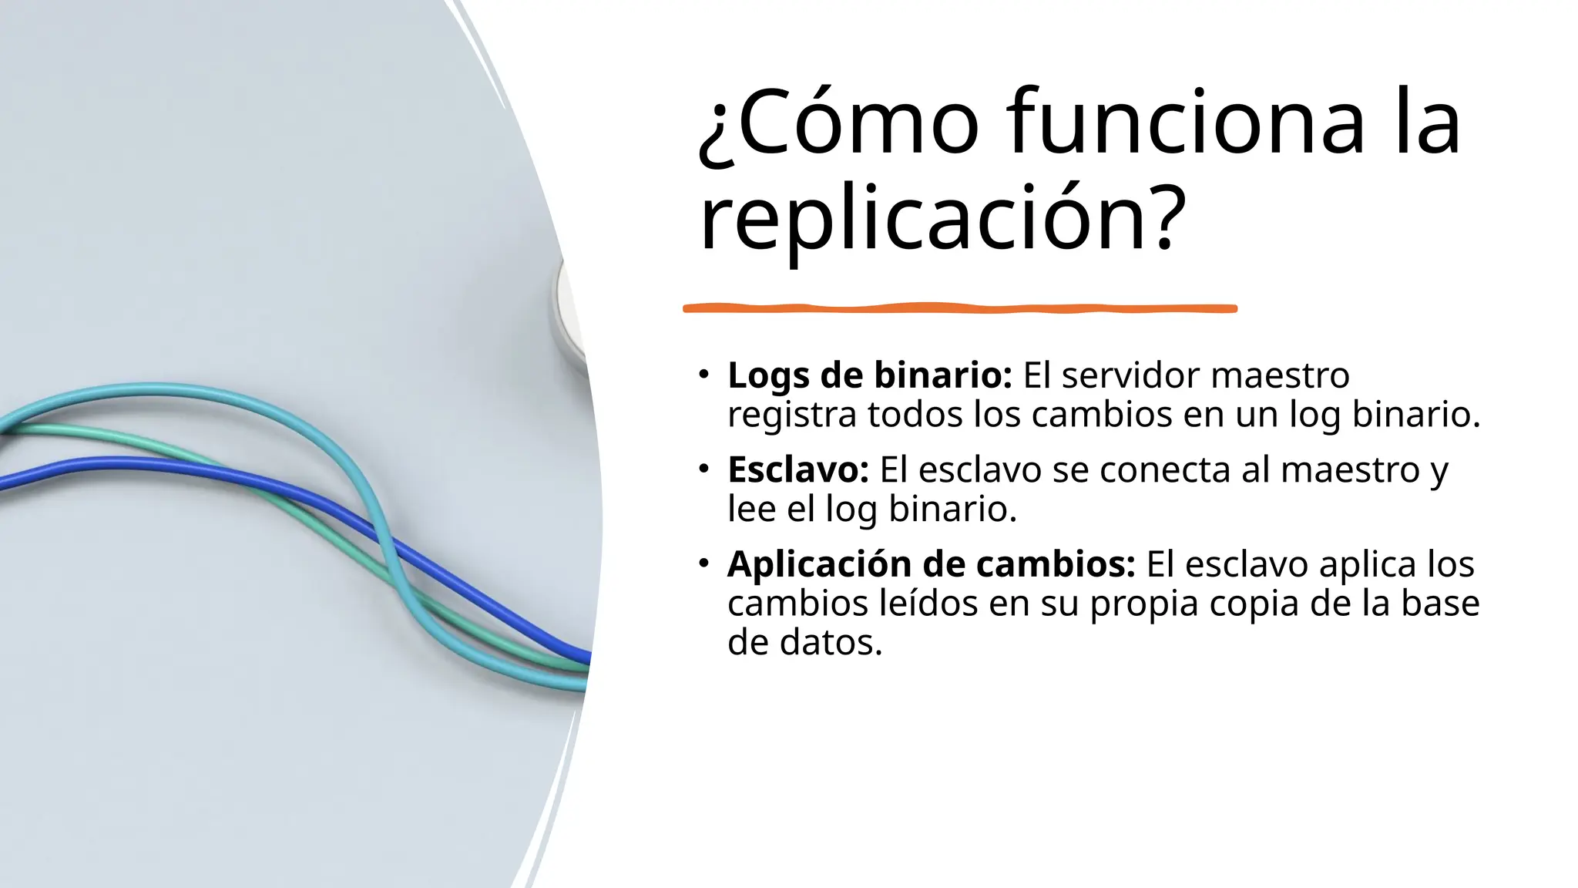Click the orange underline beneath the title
[959, 308]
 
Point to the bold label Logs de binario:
[869, 375]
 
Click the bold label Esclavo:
[798, 470]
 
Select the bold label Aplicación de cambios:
[931, 564]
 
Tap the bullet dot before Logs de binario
[703, 375]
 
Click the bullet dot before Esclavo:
[703, 469]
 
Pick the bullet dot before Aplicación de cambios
[703, 564]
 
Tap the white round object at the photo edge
[569, 308]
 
